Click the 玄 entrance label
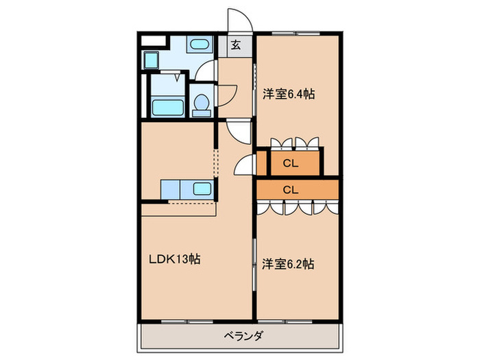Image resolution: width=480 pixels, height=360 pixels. point(235,46)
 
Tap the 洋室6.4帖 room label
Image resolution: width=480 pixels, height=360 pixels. point(289,95)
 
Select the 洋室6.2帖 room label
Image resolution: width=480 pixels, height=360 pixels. point(288,263)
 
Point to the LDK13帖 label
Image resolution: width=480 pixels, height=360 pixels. point(176,260)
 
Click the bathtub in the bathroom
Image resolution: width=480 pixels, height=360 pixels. point(167,108)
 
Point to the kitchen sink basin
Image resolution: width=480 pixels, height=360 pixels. point(202,189)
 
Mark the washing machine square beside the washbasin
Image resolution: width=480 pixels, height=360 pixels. point(151,60)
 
